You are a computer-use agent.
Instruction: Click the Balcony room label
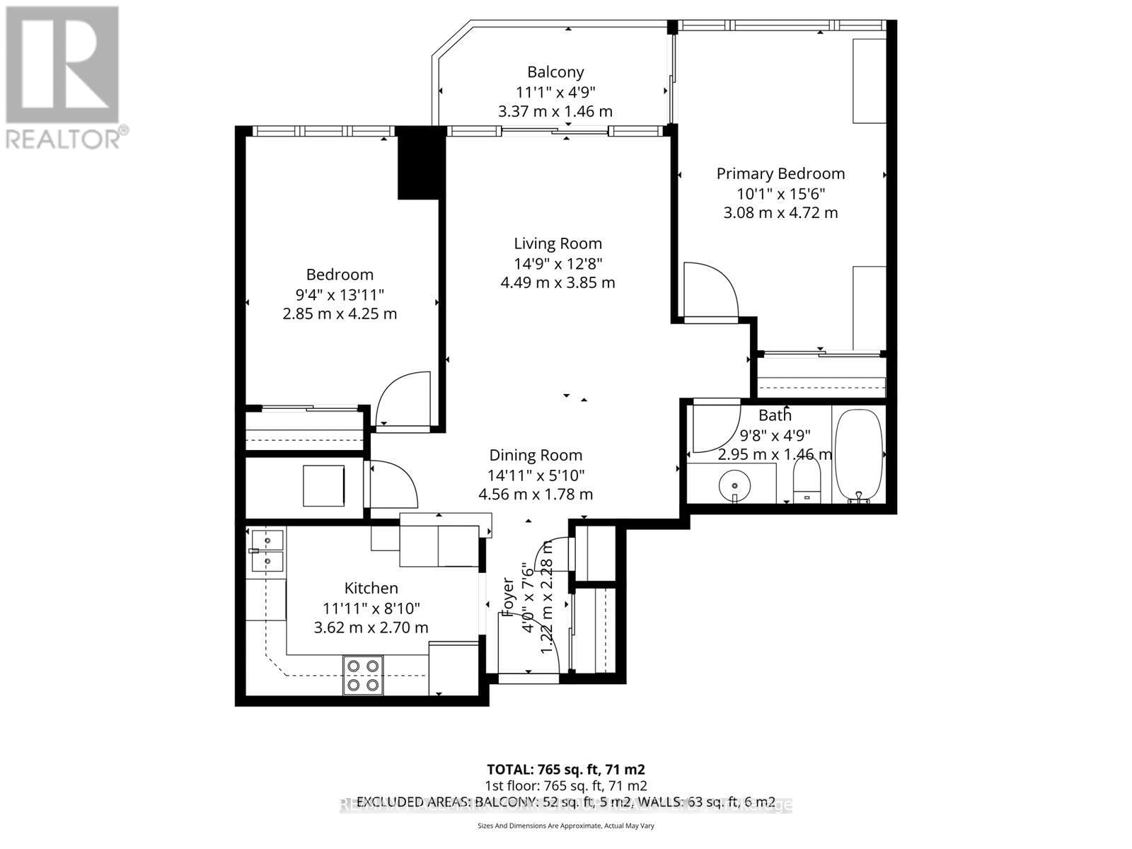click(555, 72)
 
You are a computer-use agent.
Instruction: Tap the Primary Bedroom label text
click(780, 174)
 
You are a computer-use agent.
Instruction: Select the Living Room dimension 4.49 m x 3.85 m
click(558, 283)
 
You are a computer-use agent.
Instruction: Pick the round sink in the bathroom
click(735, 486)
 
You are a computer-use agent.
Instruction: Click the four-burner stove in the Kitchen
click(363, 675)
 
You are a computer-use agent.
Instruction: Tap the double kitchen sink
click(267, 551)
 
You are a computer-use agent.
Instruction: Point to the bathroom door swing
click(715, 427)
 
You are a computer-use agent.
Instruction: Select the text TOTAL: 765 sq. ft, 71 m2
click(565, 769)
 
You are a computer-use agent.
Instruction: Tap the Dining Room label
click(536, 456)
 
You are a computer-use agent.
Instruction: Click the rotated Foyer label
click(508, 598)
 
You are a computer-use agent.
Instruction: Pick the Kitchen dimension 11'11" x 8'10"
click(371, 608)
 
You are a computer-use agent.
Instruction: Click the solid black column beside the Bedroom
click(420, 164)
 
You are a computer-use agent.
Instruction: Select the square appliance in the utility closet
click(323, 485)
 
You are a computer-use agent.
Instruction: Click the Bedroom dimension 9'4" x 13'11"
click(340, 294)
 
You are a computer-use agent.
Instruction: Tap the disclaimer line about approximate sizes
click(565, 826)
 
